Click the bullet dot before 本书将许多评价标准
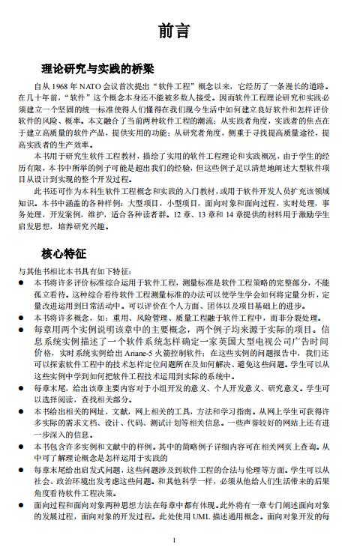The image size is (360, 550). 22,283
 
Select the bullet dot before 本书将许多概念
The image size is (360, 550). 22,317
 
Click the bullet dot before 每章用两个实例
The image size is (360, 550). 22,328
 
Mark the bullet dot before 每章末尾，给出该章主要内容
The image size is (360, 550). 22,388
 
